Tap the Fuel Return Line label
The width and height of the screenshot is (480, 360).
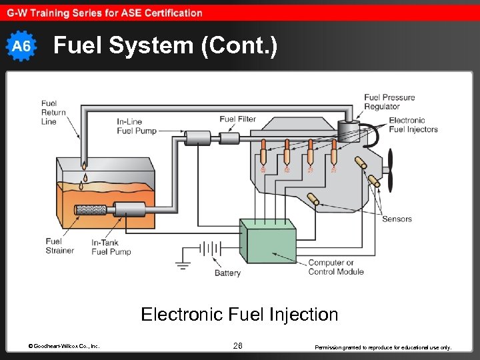(x=53, y=113)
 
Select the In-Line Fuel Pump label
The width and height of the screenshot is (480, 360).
(x=137, y=126)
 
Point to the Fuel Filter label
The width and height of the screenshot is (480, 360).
(x=238, y=119)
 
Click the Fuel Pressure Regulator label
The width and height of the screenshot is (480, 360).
(x=389, y=102)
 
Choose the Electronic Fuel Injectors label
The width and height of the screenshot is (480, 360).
(x=413, y=125)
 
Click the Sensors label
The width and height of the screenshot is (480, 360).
(x=397, y=219)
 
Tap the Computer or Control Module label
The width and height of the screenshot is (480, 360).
(x=336, y=267)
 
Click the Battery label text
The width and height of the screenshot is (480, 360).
(x=227, y=273)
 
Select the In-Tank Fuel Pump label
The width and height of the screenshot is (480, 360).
(x=111, y=247)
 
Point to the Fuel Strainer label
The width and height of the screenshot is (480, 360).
(x=59, y=246)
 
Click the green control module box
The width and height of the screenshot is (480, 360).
(x=268, y=245)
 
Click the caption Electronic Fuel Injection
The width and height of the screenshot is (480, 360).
(x=239, y=314)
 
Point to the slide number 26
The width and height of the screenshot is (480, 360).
(x=238, y=345)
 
